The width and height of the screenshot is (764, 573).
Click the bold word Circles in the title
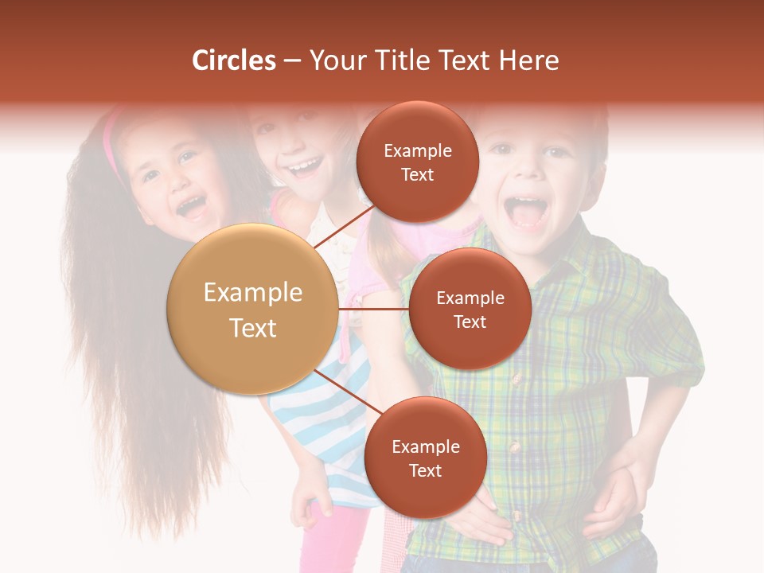click(233, 60)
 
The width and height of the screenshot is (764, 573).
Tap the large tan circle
click(253, 309)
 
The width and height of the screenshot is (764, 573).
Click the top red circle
click(418, 162)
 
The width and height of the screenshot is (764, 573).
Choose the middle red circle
click(470, 309)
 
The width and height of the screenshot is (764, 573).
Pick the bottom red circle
click(425, 458)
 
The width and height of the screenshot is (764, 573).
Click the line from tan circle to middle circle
click(374, 309)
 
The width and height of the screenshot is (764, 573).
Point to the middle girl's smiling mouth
click(306, 167)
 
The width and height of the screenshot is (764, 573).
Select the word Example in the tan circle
click(253, 293)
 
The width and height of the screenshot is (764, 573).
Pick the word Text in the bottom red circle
click(425, 470)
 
